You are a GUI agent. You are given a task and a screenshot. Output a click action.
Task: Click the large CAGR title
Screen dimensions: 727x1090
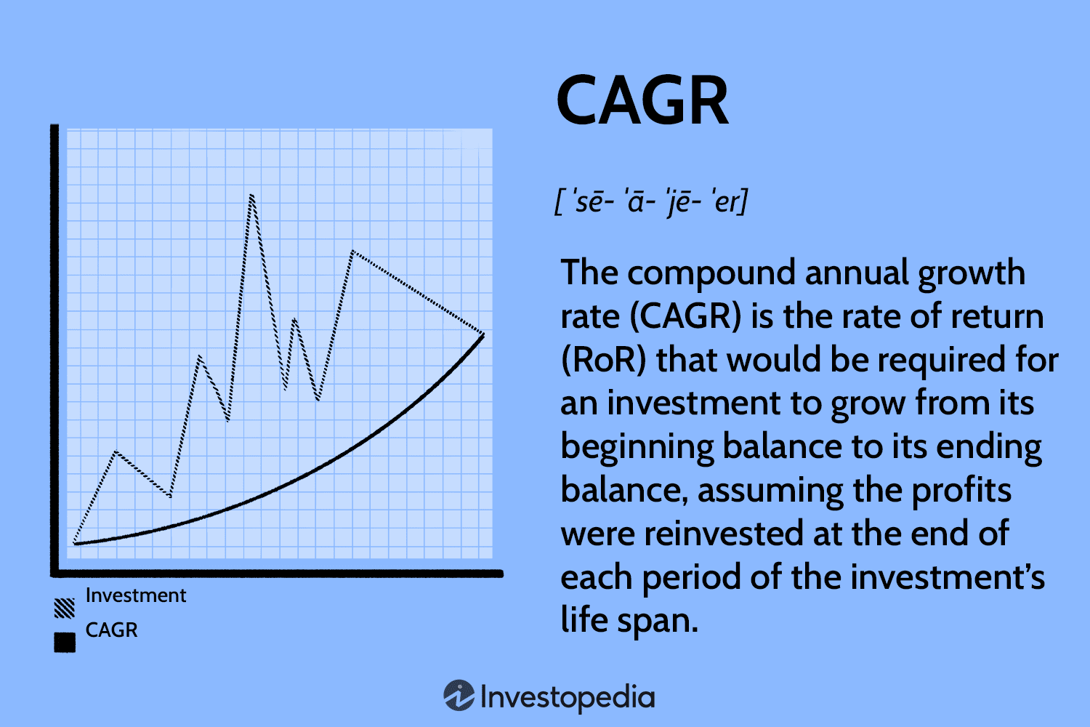pyautogui.click(x=642, y=101)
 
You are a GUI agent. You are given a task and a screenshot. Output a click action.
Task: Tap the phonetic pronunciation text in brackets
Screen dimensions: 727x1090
pyautogui.click(x=651, y=201)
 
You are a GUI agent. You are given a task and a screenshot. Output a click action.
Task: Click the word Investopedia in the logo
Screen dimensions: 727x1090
pyautogui.click(x=568, y=696)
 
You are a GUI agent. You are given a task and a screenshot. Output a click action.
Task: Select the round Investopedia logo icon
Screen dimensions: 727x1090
pyautogui.click(x=459, y=696)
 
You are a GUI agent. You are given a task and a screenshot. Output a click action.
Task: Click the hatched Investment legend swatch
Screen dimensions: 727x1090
pyautogui.click(x=65, y=608)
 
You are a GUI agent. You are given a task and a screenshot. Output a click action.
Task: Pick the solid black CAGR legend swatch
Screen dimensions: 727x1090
pyautogui.click(x=65, y=642)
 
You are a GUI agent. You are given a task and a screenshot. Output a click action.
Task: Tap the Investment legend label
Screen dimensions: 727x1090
pyautogui.click(x=136, y=595)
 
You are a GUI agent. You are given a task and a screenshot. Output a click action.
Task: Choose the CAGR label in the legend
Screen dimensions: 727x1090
pyautogui.click(x=111, y=630)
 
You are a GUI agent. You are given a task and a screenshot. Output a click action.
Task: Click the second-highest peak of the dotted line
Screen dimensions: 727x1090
pyautogui.click(x=352, y=252)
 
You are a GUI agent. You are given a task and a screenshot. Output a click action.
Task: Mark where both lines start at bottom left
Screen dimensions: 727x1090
pyautogui.click(x=75, y=542)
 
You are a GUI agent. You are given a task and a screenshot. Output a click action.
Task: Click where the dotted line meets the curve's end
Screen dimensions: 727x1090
pyautogui.click(x=483, y=334)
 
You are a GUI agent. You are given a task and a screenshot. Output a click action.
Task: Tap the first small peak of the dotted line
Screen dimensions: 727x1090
pyautogui.click(x=116, y=452)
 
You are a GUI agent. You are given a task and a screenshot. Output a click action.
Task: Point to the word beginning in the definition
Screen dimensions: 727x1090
pyautogui.click(x=637, y=447)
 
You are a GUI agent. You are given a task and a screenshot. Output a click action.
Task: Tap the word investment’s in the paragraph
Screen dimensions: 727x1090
pyautogui.click(x=948, y=577)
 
